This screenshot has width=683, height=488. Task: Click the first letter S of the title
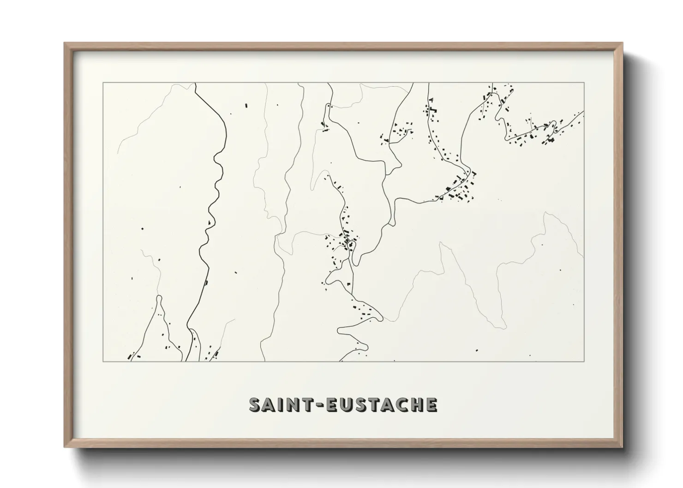pos(255,404)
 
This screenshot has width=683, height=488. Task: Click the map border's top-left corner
pos(103,83)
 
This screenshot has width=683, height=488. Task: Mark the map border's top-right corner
pos(584,83)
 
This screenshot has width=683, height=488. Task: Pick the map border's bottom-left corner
pos(103,361)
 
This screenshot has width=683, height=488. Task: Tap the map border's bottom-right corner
pos(584,361)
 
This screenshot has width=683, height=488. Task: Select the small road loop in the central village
pos(352,244)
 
